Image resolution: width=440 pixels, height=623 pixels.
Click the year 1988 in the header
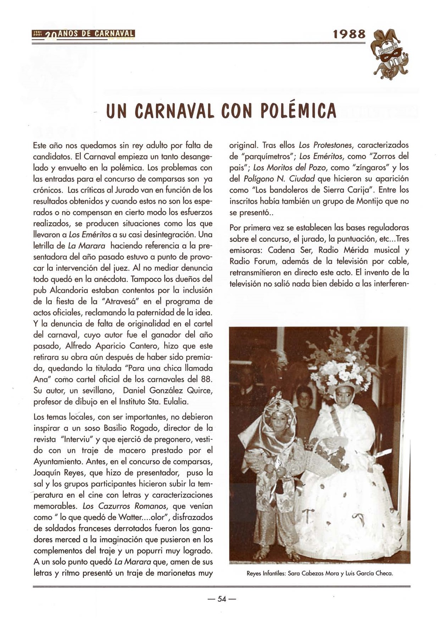349,34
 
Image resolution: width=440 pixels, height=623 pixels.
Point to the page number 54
222,599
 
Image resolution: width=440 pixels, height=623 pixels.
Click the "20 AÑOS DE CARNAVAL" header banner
83,34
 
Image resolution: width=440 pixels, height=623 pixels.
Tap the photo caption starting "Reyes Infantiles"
320,573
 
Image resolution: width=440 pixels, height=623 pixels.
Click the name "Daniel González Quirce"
167,390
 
